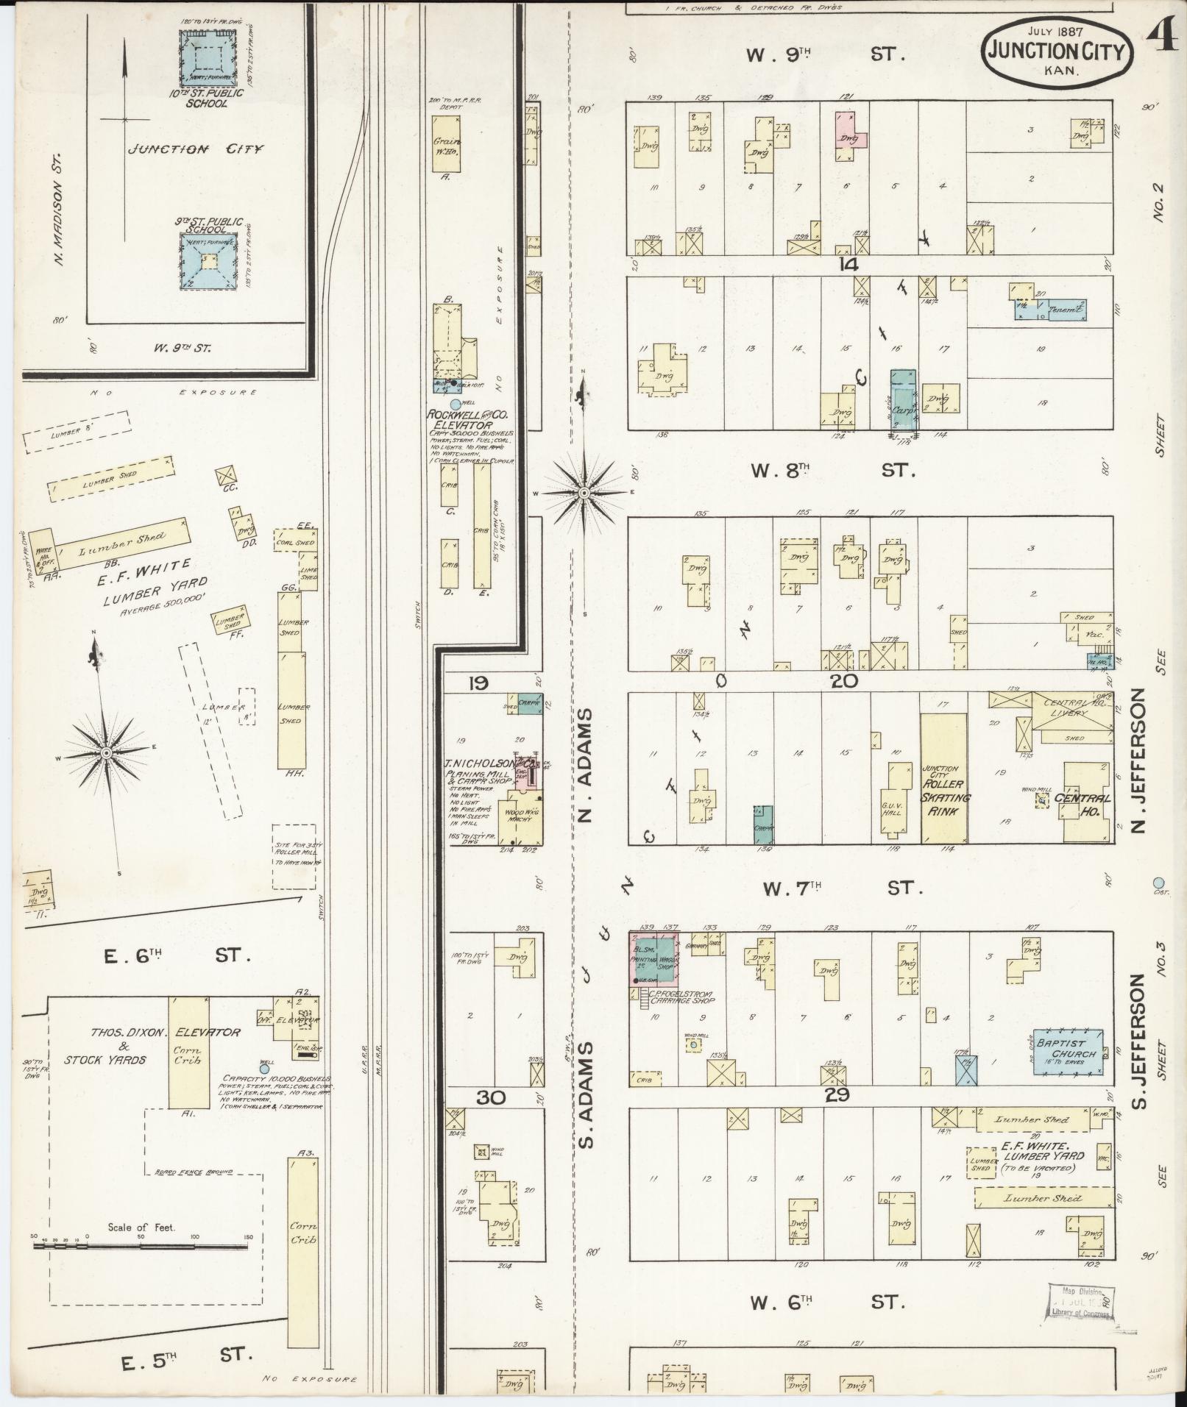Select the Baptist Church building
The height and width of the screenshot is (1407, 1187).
tap(1066, 1053)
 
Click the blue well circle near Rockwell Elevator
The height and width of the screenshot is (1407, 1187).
tap(455, 404)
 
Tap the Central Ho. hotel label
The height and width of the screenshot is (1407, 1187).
tap(1082, 799)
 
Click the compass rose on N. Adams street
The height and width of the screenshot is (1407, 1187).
tap(584, 492)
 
